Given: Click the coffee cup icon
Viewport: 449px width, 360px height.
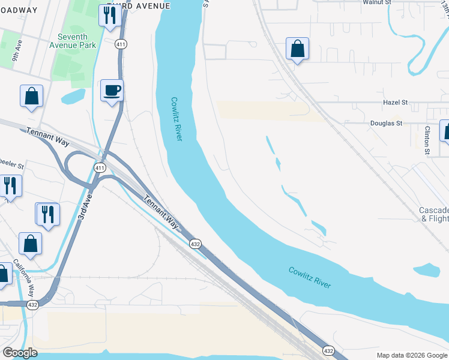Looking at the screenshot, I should coord(112,91).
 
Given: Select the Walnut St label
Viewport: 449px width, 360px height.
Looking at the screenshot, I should coord(376,2).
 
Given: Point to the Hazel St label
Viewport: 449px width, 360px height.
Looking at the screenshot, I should coord(395,103).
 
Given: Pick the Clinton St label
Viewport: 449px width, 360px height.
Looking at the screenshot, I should coord(427,140).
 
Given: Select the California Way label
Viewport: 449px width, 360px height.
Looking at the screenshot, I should coord(31,279).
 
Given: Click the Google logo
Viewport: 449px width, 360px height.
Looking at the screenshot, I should coord(19,353).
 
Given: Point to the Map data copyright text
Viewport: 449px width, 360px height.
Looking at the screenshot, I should coord(412,355).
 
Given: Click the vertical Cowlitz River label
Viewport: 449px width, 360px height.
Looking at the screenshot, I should coord(176,119).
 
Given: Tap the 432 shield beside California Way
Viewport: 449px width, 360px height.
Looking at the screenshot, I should coord(32,305).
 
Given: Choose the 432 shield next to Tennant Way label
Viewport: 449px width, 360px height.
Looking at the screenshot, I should coord(195,244).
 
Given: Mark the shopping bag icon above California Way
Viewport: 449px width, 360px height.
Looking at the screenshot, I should coord(30,244).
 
